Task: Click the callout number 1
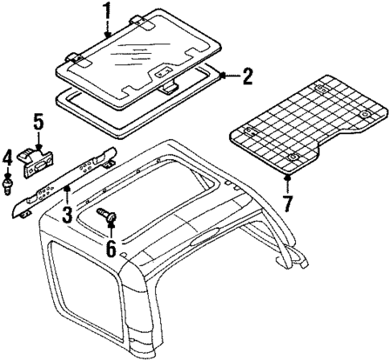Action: (x=108, y=12)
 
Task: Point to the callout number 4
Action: (x=8, y=157)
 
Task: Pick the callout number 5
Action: (x=36, y=125)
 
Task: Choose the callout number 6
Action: (x=109, y=245)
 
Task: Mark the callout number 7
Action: (x=287, y=198)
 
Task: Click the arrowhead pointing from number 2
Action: (x=222, y=76)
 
